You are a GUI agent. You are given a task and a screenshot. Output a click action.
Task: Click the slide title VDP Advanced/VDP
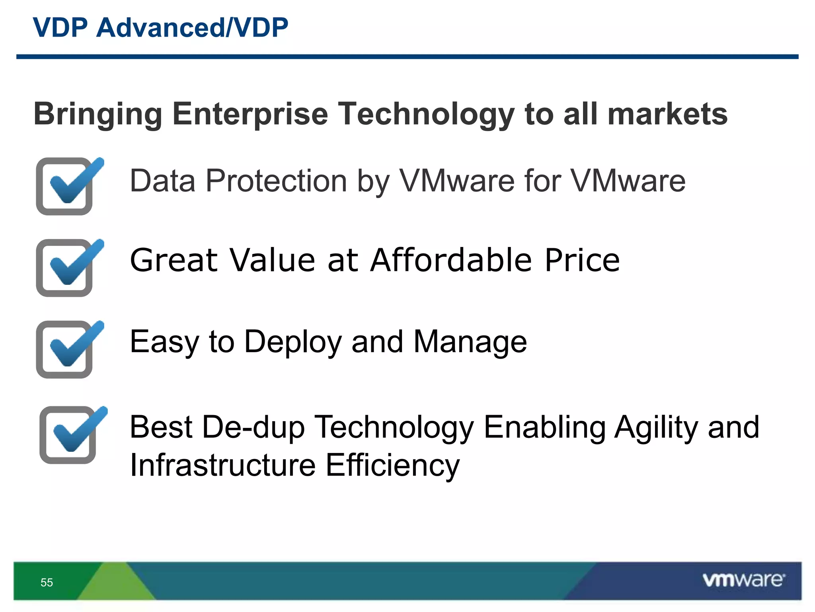pos(160,28)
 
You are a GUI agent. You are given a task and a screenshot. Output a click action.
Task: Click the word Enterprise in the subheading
pos(250,114)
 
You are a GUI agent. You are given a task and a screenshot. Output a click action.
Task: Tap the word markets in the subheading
pos(667,114)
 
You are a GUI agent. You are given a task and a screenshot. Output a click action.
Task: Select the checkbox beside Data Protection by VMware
pos(65,186)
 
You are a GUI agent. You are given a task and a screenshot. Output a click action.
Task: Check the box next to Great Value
pos(65,268)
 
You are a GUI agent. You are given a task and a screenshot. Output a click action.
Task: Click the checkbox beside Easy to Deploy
pos(65,350)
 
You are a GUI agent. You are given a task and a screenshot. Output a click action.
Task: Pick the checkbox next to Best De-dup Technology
pos(68,435)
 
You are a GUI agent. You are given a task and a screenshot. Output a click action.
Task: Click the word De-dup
pos(253,428)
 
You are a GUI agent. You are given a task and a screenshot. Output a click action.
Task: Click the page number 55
pos(47,583)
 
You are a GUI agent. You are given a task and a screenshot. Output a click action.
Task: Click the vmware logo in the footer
pos(743,580)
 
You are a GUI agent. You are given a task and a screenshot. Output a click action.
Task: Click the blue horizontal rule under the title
pos(407,57)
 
